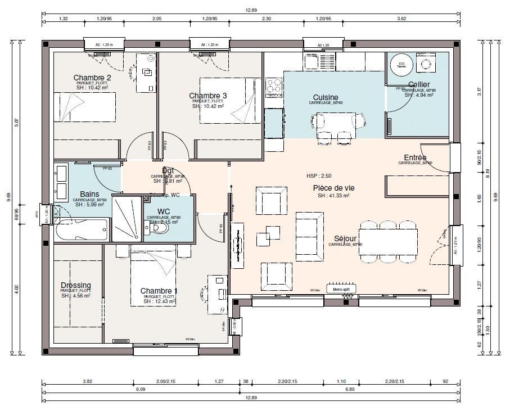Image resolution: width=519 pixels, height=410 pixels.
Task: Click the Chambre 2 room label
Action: coord(92,78)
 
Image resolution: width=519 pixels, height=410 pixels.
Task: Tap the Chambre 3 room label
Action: coord(207,96)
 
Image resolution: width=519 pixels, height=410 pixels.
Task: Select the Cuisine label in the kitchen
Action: coord(326,97)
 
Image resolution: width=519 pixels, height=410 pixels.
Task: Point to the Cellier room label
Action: coord(419,84)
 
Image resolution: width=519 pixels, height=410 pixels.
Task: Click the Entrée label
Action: coord(415,157)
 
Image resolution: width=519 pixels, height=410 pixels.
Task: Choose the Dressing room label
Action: coord(75,285)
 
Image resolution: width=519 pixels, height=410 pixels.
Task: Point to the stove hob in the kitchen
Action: coord(274,85)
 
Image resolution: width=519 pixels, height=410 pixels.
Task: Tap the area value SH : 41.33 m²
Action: coord(333,196)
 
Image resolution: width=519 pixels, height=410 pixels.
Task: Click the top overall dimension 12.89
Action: coord(251,10)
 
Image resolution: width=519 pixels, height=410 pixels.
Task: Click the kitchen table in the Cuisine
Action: coord(336,121)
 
